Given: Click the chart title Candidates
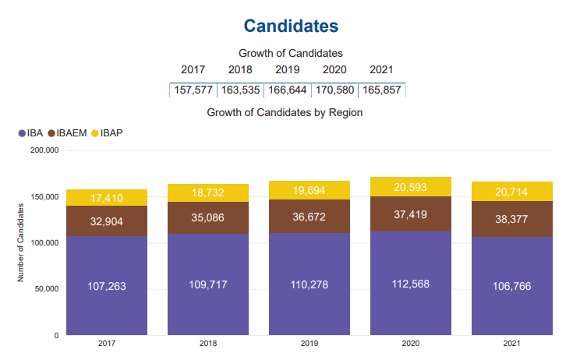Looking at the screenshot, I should pos(291,26).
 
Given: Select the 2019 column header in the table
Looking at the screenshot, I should pos(287,70).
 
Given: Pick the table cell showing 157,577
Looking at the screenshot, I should pos(193,90).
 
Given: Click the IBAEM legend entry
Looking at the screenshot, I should pos(67,132).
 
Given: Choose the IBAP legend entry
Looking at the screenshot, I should pos(107,132).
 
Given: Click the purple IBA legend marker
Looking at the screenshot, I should pos(21,133).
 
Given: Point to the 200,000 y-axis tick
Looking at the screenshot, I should pos(44,151).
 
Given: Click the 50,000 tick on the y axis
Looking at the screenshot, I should pos(46,289).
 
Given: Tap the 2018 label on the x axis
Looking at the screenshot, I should pos(208,343).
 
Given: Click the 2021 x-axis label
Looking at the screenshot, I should pos(512,343).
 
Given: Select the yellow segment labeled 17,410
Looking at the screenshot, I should pos(107,198).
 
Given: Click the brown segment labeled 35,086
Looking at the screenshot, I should pos(208,217).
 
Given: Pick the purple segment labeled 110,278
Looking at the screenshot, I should pos(309,284).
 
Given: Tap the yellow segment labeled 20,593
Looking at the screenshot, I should pos(411,187).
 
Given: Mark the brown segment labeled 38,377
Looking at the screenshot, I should pos(512,219).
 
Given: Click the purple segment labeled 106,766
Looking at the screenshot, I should pos(512,286).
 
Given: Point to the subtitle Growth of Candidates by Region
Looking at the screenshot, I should pos(285,112).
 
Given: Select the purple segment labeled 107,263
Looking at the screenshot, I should pos(107,286).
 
